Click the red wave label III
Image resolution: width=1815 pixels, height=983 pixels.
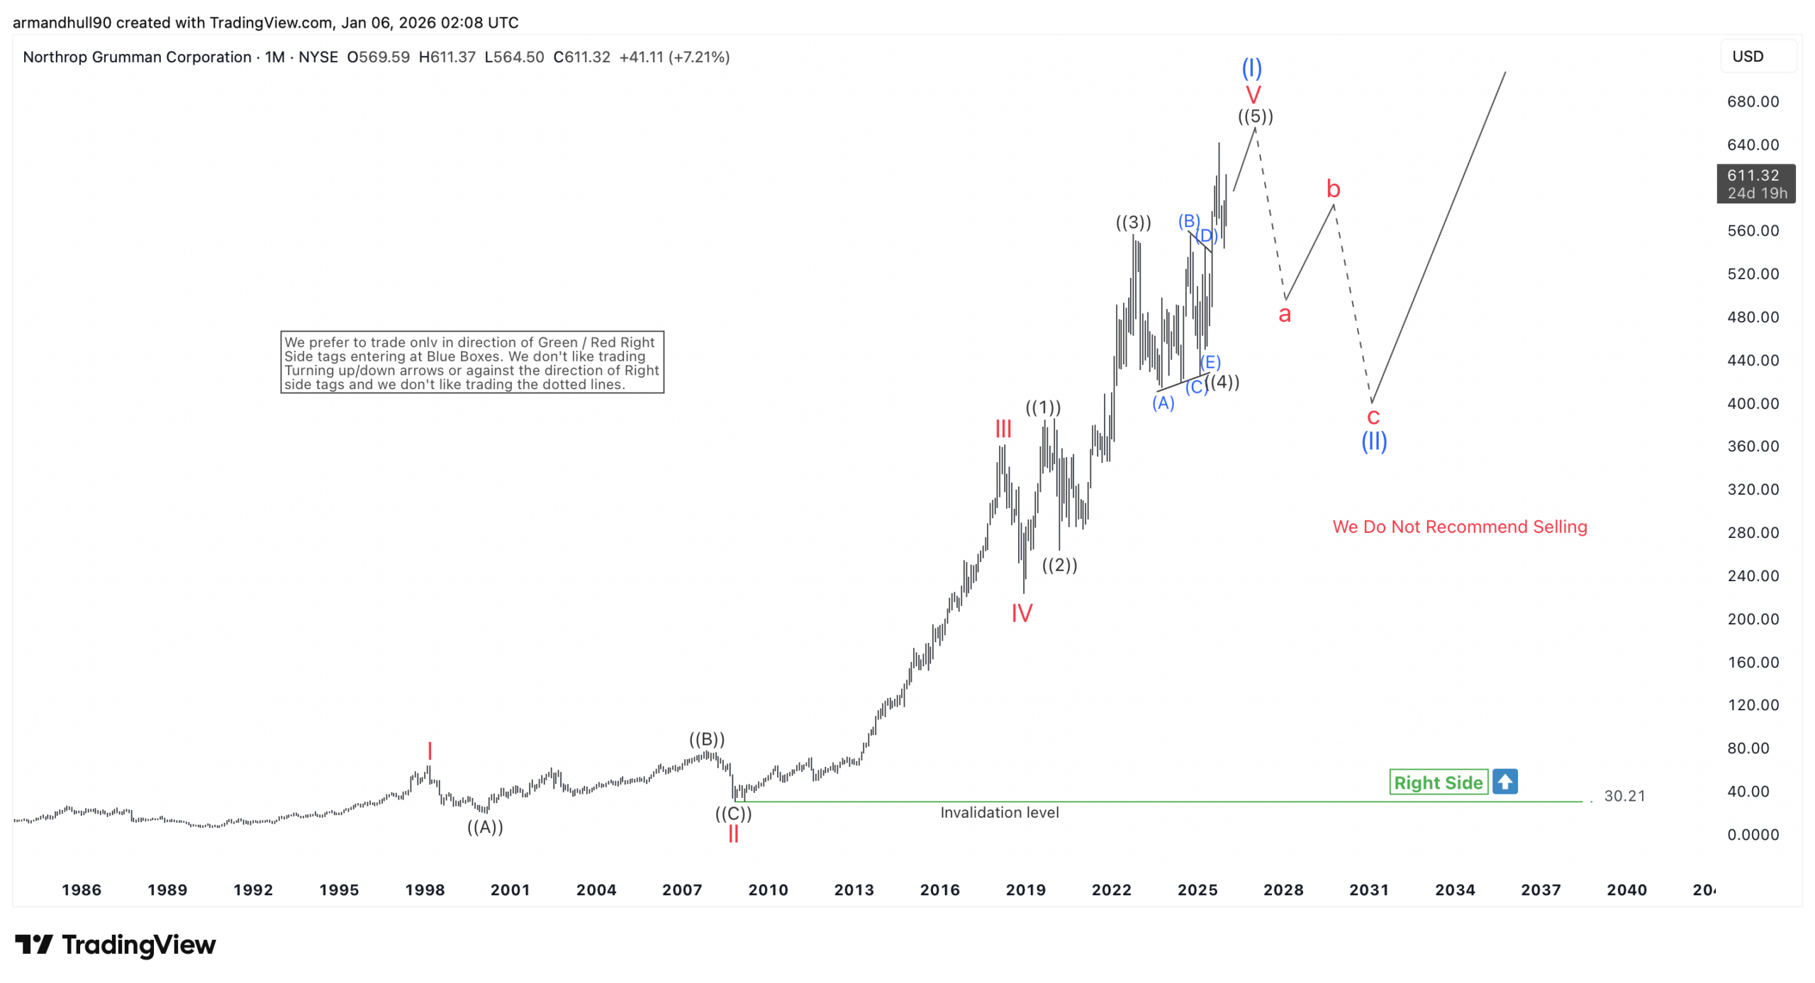[1003, 429]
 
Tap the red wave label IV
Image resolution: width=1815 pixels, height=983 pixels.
[1022, 613]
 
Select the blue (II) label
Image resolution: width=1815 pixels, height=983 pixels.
[1373, 442]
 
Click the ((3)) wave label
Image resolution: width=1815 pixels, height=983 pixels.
[1133, 223]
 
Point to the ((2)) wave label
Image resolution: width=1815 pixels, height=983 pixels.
[1059, 565]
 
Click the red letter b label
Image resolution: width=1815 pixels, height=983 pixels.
[1333, 189]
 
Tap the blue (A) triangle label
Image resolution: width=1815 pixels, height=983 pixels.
[1163, 403]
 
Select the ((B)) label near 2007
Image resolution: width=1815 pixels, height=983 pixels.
[707, 739]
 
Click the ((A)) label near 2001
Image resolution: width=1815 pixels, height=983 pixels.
[485, 826]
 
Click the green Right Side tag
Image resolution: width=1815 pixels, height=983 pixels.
[1438, 782]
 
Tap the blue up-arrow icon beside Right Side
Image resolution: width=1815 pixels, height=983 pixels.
[1504, 782]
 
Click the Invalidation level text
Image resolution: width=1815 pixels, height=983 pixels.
[999, 812]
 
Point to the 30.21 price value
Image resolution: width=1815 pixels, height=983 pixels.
[1624, 796]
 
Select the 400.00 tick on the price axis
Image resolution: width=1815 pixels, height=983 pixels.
[1753, 403]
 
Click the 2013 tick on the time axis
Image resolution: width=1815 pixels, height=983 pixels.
[854, 889]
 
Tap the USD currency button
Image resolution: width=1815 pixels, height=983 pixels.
[1748, 57]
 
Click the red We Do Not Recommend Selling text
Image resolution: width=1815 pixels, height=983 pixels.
[1459, 527]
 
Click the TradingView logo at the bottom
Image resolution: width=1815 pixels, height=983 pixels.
[116, 945]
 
